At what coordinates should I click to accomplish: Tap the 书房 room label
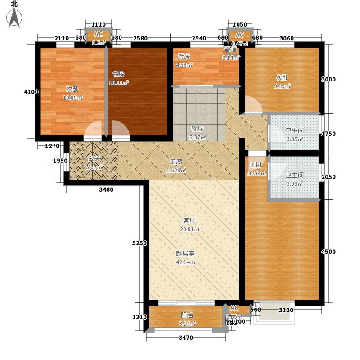coord(118,75)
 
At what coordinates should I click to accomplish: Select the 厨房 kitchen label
coord(183,56)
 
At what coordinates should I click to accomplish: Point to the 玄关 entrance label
coord(94,159)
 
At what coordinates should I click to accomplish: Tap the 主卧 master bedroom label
coord(256,165)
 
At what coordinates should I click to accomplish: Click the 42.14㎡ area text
coord(185,262)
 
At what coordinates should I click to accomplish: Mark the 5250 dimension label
coord(139,243)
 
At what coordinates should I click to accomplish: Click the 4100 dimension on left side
coord(31,92)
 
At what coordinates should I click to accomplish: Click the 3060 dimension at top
coord(287,38)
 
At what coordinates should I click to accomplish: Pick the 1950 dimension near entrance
coord(61,161)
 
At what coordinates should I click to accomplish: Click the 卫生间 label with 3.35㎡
coord(294,131)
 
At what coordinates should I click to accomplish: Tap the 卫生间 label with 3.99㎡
coord(294,175)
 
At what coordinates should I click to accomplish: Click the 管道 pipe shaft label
coord(230,50)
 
